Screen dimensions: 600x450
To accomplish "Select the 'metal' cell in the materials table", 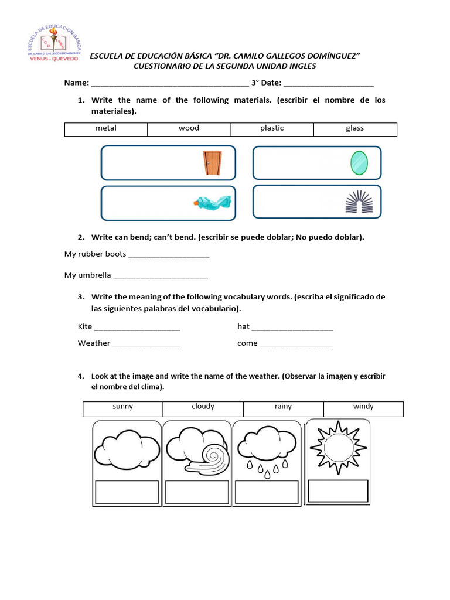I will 106,128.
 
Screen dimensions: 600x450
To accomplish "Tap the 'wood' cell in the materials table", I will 189,128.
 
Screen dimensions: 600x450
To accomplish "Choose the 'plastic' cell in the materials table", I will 272,128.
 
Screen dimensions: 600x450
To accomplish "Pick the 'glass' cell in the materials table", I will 355,128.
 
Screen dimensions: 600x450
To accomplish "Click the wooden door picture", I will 213,162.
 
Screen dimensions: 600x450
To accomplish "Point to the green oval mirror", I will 359,163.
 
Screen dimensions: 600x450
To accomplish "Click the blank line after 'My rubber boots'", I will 168,256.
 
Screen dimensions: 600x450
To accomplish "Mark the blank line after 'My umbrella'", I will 161,277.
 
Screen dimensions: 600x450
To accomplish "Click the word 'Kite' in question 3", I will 85,326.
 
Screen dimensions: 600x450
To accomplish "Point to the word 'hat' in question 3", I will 243,326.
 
